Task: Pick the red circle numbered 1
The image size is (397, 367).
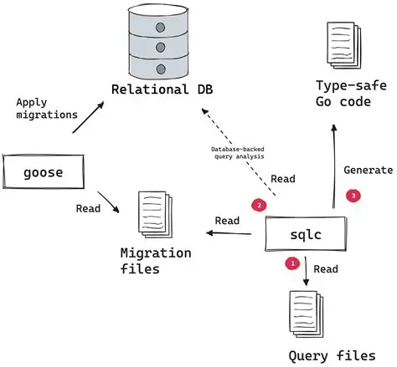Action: point(291,263)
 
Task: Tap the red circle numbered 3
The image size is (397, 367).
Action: point(353,195)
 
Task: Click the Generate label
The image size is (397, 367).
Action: point(368,170)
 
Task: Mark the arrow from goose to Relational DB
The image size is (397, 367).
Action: point(86,116)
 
